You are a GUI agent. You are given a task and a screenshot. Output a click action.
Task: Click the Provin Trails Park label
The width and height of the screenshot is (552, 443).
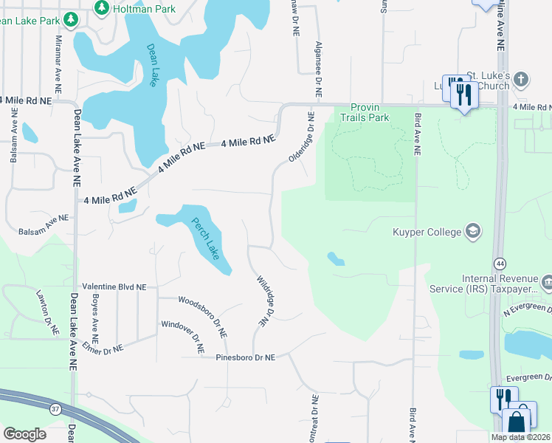point(369,112)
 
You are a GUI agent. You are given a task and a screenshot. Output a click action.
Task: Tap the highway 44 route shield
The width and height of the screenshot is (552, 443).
point(500,264)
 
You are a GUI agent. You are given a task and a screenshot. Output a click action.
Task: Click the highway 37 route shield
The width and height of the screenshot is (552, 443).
point(55,408)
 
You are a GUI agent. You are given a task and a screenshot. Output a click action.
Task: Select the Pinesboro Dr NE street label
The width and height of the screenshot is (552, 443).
point(245,357)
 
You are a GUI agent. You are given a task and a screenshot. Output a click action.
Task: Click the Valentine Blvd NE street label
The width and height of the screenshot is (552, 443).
point(114,286)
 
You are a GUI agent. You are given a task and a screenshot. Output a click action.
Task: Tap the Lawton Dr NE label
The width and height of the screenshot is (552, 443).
point(46,313)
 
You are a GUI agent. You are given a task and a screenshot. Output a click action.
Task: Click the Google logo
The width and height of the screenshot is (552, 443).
point(24,433)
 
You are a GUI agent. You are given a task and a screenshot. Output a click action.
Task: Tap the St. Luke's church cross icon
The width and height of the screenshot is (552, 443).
point(522,78)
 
